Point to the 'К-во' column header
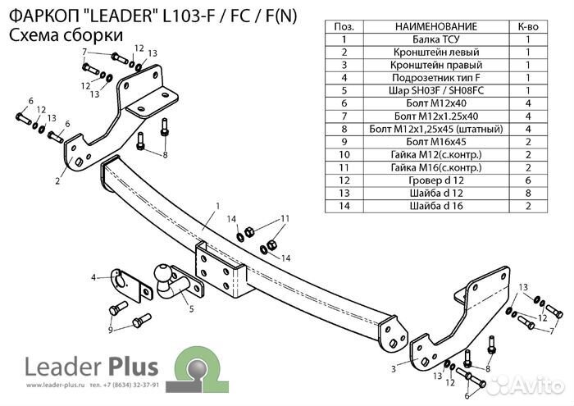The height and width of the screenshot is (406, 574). pos(529,26)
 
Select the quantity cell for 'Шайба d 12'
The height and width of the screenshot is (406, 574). pos(529,192)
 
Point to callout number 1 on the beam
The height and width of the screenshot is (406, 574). pos(218,205)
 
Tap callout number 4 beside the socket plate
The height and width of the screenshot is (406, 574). pos(94,276)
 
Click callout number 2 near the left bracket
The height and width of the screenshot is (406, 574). pos(57,181)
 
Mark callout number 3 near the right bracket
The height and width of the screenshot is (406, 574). pos(394,369)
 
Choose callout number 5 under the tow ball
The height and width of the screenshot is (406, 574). pos(190,309)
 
